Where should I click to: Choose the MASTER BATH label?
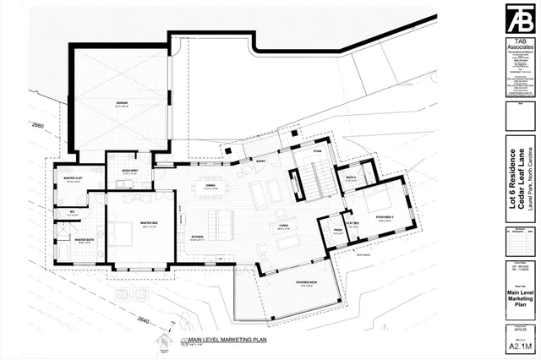point(84,240)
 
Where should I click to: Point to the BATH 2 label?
point(351,177)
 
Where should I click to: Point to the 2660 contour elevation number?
point(34,124)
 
